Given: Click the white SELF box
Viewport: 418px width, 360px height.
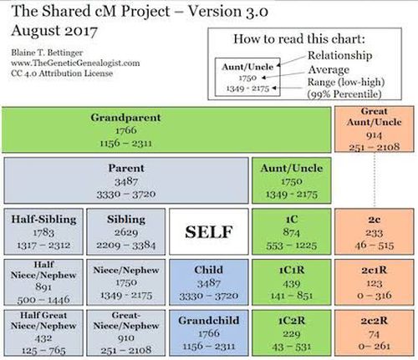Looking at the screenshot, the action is (209, 231).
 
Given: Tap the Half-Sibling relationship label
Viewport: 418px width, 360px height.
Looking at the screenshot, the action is (43, 220).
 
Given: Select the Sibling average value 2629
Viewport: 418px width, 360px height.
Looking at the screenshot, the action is (126, 232).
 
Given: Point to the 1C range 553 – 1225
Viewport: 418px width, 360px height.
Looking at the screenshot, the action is (292, 246).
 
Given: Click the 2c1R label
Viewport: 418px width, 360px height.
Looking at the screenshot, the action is (374, 270).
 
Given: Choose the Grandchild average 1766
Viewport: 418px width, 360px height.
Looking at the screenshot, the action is (209, 333).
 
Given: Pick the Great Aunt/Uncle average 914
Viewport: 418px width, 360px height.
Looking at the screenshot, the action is (374, 135).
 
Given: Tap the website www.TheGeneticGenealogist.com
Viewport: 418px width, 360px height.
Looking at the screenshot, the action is (75, 63).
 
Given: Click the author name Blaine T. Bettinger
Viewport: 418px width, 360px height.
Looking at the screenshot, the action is (47, 53).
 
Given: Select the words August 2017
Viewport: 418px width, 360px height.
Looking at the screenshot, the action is (54, 31).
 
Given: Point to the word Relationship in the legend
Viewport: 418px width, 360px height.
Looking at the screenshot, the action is (339, 55).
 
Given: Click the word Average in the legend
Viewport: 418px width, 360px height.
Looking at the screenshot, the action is (329, 69).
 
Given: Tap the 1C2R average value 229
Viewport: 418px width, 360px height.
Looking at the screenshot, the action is (292, 334).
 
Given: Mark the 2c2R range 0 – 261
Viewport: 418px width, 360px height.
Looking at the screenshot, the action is (375, 346).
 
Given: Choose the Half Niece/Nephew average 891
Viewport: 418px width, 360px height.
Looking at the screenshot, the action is (43, 286).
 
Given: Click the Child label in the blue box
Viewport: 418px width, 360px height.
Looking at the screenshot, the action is (209, 270).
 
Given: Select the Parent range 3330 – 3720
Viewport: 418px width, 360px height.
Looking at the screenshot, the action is (126, 194).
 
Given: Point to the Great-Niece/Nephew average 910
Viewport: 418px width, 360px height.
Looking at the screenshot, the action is (126, 338).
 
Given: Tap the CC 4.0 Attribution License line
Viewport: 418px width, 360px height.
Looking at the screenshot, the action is (62, 74).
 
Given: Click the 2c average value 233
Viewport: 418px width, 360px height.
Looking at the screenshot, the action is (374, 233).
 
